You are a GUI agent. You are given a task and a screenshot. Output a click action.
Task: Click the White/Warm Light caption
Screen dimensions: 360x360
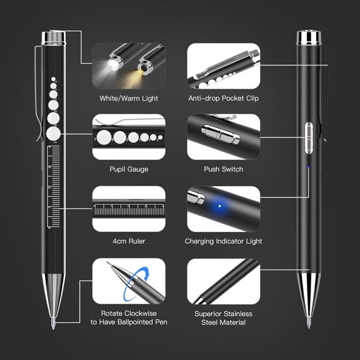pos(129,98)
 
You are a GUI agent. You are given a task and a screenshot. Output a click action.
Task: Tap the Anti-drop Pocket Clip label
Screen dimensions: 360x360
pos(223,98)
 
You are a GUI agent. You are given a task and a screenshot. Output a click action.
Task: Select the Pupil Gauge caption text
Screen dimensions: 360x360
pos(129,169)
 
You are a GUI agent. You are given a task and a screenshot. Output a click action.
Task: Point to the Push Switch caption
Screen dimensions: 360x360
pos(223,169)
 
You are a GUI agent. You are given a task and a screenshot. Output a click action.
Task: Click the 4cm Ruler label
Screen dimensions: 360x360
pos(129,241)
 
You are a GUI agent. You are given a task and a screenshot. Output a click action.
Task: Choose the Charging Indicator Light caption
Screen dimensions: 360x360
pos(223,241)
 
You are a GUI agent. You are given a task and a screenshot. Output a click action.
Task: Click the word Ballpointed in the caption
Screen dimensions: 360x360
pos(141,322)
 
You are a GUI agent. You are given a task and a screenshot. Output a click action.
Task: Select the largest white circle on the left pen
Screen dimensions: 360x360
pos(54,134)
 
